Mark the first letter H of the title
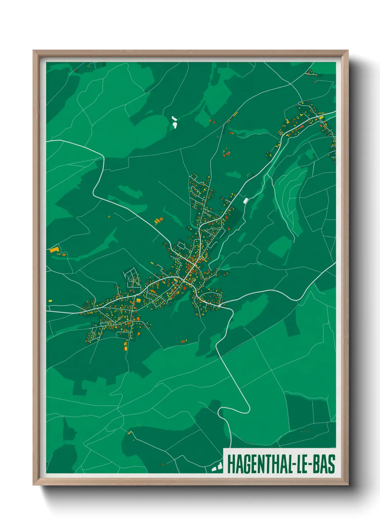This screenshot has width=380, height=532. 231,464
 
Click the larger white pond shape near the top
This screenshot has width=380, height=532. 175,125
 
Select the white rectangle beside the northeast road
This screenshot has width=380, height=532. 246,201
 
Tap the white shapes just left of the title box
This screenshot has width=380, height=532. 217,467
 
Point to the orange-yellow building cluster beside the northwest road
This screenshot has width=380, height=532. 158,220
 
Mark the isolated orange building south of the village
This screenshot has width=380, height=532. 183,341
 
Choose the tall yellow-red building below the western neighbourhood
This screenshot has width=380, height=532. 125,346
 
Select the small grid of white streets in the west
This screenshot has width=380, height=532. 132,278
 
